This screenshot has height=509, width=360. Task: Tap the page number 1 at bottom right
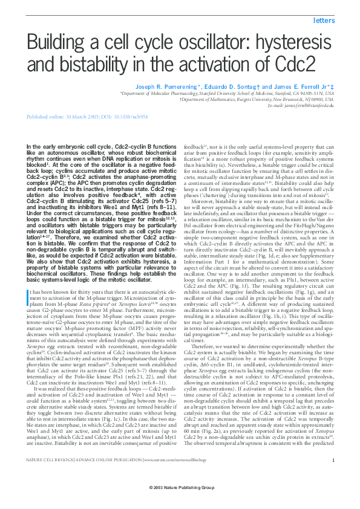click(333, 478)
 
